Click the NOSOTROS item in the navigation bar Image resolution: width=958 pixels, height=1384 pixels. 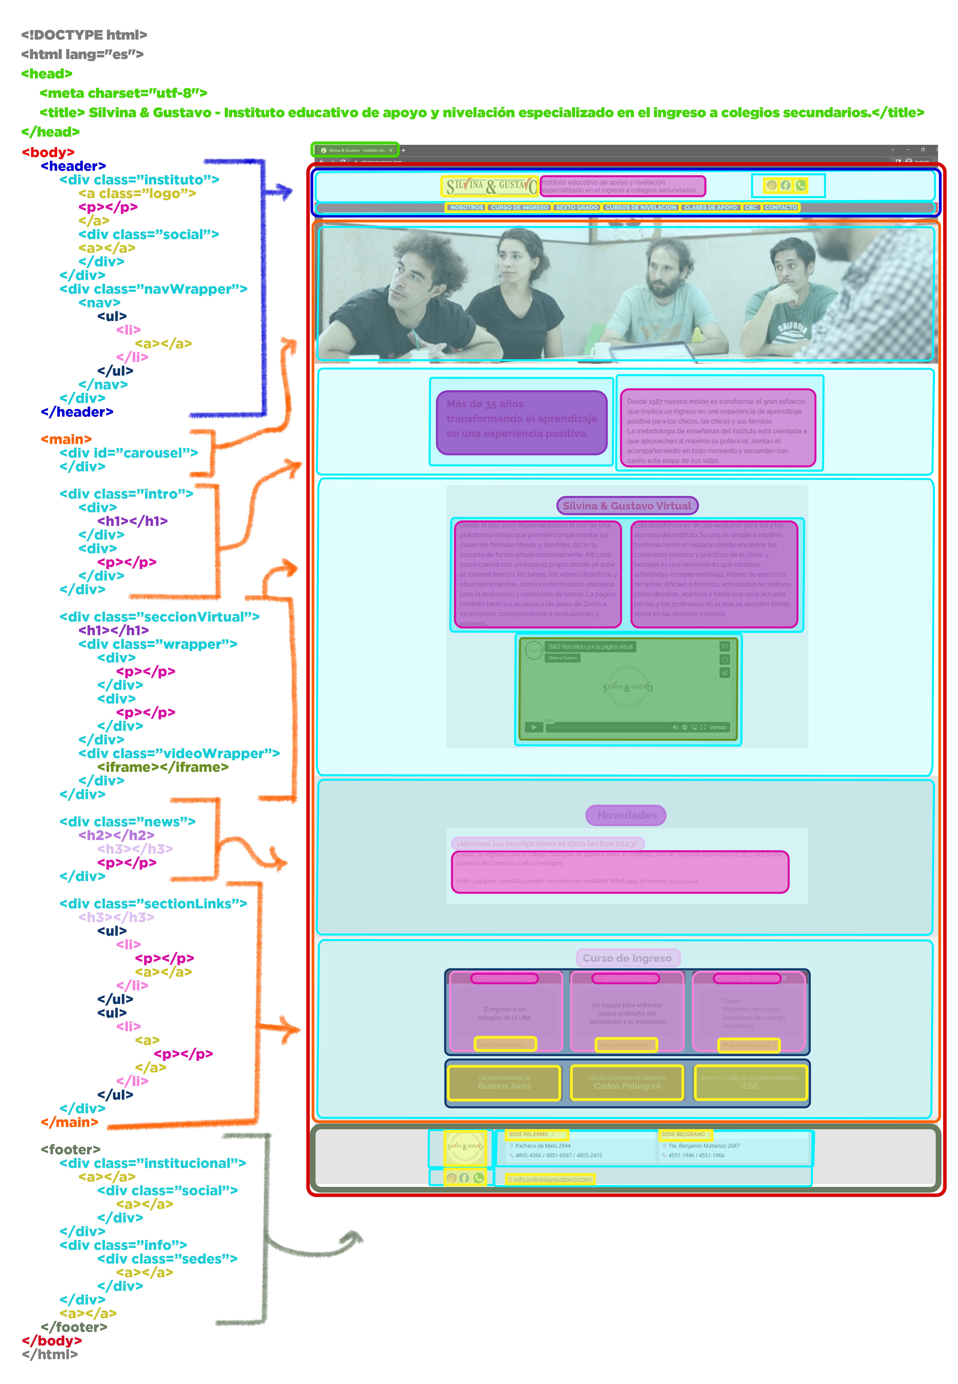pos(466,207)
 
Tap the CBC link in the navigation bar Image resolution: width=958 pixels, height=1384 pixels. pos(750,207)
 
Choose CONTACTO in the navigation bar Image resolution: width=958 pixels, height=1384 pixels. pos(780,207)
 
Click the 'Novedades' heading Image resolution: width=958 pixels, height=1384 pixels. pos(627,815)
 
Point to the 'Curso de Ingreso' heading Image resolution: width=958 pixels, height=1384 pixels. pos(627,958)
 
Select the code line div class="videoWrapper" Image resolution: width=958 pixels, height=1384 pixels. pos(179,753)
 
